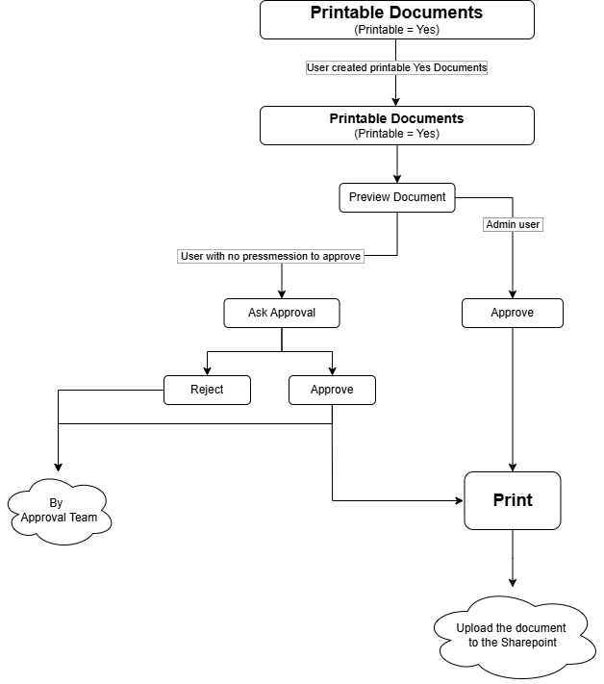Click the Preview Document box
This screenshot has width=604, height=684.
396,197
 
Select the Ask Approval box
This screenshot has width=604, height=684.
281,313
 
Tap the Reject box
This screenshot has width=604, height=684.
207,390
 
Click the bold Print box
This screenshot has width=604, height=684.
512,500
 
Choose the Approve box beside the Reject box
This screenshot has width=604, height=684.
332,390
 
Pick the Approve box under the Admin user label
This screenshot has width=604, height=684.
512,313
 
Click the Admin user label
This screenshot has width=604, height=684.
513,224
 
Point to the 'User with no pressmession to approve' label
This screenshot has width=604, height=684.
271,256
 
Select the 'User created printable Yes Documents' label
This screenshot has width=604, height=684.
396,67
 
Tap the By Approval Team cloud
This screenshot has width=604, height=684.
59,511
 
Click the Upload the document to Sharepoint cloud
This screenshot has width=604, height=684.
512,635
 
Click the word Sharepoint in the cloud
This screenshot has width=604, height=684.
528,642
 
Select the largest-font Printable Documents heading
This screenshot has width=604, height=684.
396,13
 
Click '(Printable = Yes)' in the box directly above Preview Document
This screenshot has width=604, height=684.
396,134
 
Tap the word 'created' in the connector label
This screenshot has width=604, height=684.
352,67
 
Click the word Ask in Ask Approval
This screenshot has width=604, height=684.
257,313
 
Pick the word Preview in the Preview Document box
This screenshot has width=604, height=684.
369,197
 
